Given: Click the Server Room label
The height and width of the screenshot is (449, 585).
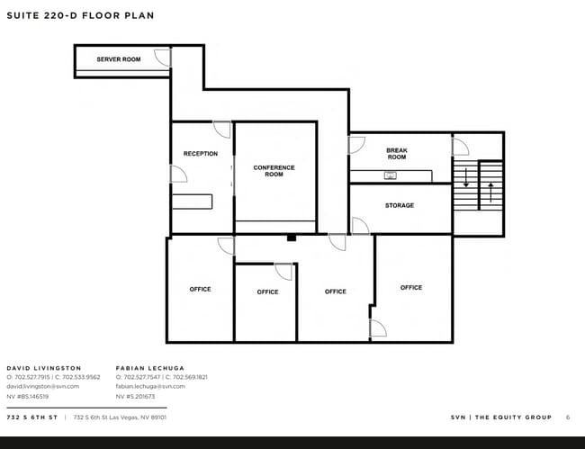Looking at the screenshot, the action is pyautogui.click(x=119, y=59).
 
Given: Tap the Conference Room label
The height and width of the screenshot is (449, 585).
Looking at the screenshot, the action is pyautogui.click(x=274, y=171).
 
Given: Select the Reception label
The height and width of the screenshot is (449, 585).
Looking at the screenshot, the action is pyautogui.click(x=201, y=154).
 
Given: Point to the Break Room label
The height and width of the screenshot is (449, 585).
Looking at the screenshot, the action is pyautogui.click(x=397, y=154).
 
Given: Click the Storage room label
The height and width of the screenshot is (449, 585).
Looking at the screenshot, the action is pyautogui.click(x=400, y=205).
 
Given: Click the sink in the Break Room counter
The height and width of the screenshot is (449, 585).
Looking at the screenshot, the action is pyautogui.click(x=391, y=175).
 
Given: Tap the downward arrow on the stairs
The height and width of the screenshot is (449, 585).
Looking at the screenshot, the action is pyautogui.click(x=466, y=178).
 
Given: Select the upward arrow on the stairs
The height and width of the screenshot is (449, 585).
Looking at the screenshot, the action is pyautogui.click(x=490, y=192).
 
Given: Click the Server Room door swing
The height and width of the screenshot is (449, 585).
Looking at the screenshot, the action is pyautogui.click(x=162, y=58).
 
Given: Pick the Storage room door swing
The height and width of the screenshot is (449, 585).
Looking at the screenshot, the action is pyautogui.click(x=360, y=226).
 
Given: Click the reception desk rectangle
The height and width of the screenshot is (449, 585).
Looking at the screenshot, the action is pyautogui.click(x=192, y=202).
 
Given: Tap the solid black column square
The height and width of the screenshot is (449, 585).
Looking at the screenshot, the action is pyautogui.click(x=292, y=238).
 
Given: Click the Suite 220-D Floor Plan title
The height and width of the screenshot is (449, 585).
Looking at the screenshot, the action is pyautogui.click(x=81, y=15).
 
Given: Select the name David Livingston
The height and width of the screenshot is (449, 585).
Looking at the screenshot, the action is pyautogui.click(x=44, y=368).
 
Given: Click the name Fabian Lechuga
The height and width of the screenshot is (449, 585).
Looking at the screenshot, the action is pyautogui.click(x=150, y=368).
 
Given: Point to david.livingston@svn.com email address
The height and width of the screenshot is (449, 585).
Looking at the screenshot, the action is pyautogui.click(x=43, y=386).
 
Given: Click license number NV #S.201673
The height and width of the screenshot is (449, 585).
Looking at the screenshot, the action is pyautogui.click(x=135, y=397).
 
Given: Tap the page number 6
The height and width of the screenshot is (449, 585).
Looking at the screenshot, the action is pyautogui.click(x=568, y=418).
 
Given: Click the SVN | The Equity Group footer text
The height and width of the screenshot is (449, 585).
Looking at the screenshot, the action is pyautogui.click(x=501, y=418).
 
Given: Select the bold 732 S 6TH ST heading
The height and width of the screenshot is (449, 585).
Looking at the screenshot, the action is pyautogui.click(x=32, y=418).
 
